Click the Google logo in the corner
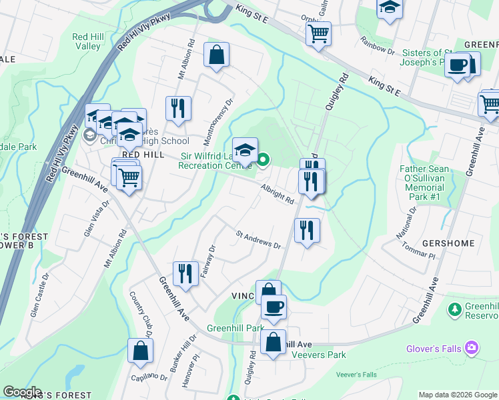[x=22, y=392]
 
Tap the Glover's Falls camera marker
[x=472, y=348]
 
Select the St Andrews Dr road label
[x=258, y=240]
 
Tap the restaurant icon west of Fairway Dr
[x=185, y=273]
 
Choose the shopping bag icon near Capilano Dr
[x=140, y=351]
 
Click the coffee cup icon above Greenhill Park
[x=273, y=307]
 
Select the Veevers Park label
[x=322, y=355]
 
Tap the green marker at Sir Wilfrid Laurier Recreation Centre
[x=264, y=159]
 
